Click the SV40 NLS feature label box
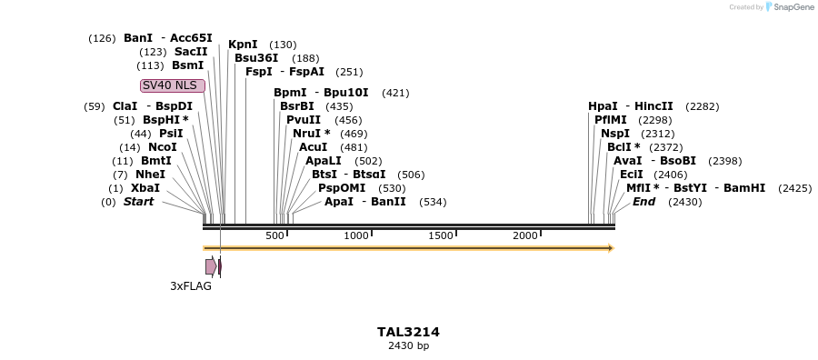point(173,85)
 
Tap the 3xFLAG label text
point(191,285)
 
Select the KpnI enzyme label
point(243,45)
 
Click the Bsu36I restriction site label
point(256,58)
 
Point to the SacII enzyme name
point(191,52)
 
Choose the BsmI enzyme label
point(188,65)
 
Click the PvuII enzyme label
point(304,120)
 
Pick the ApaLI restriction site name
point(323,161)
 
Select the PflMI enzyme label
point(611,120)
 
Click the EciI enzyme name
point(632,175)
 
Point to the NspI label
point(615,134)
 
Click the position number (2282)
point(702,106)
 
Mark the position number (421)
point(395,93)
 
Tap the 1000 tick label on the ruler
point(356,236)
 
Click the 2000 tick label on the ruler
point(525,236)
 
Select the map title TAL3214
point(408,332)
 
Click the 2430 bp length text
point(408,346)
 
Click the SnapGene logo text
point(793,7)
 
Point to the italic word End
point(643,202)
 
